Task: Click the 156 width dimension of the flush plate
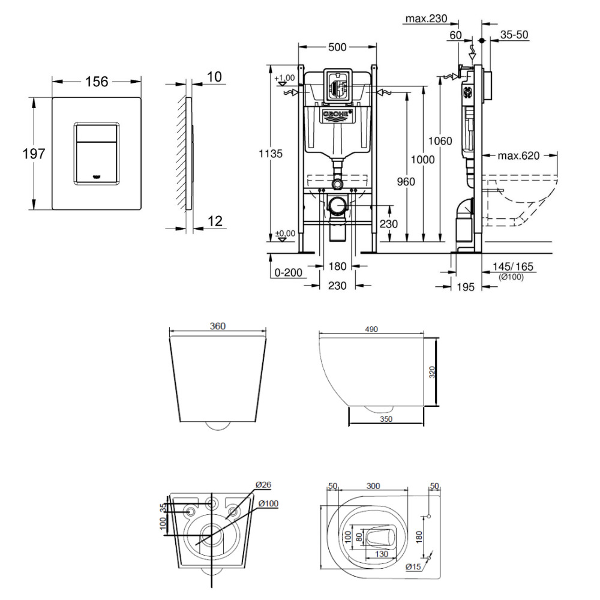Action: pos(96,82)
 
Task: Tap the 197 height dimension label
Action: pos(34,154)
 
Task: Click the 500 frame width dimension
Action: pos(338,47)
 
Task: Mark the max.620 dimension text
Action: pos(519,156)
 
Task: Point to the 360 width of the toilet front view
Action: pos(218,326)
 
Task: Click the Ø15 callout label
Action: pos(412,566)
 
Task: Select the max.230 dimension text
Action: pos(426,19)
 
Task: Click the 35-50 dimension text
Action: pos(514,35)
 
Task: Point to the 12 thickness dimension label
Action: pos(214,221)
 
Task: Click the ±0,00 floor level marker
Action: pos(285,233)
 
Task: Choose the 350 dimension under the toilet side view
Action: pos(386,419)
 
